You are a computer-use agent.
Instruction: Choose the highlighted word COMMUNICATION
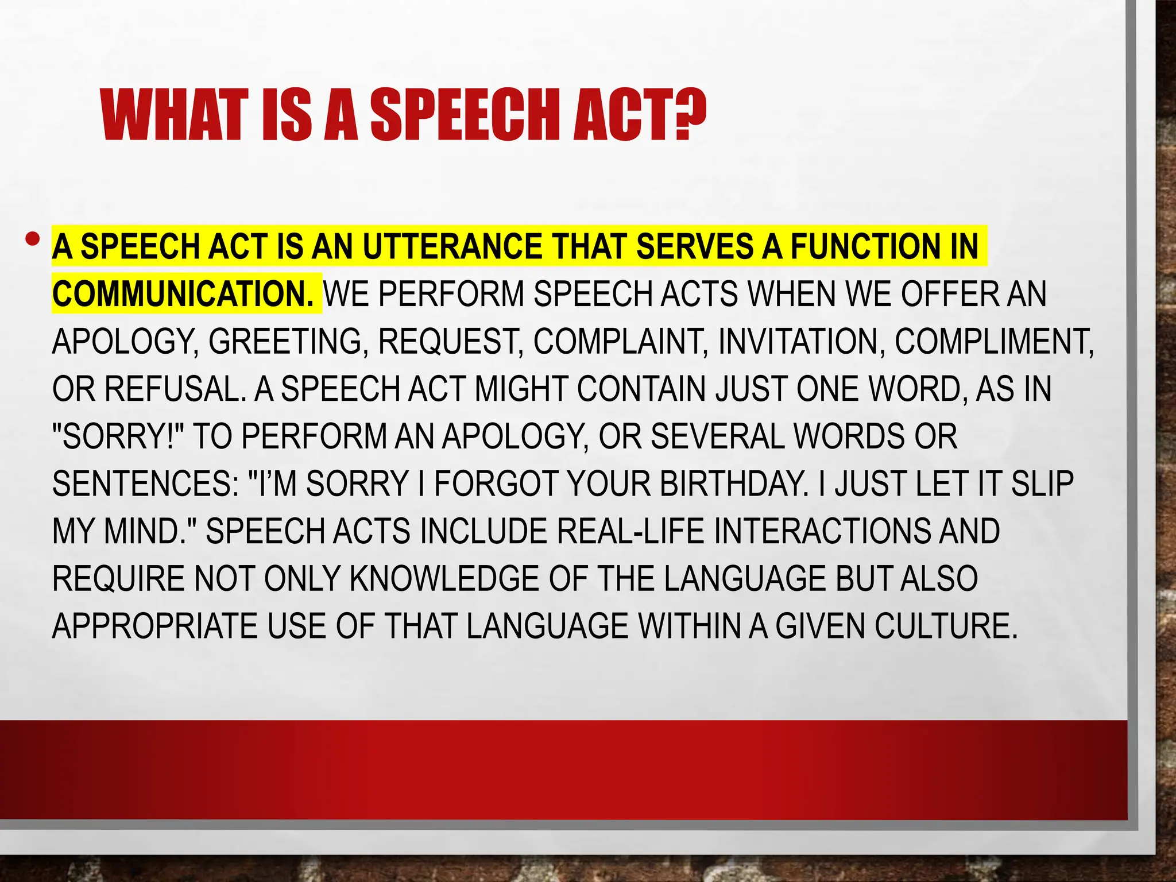(183, 294)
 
